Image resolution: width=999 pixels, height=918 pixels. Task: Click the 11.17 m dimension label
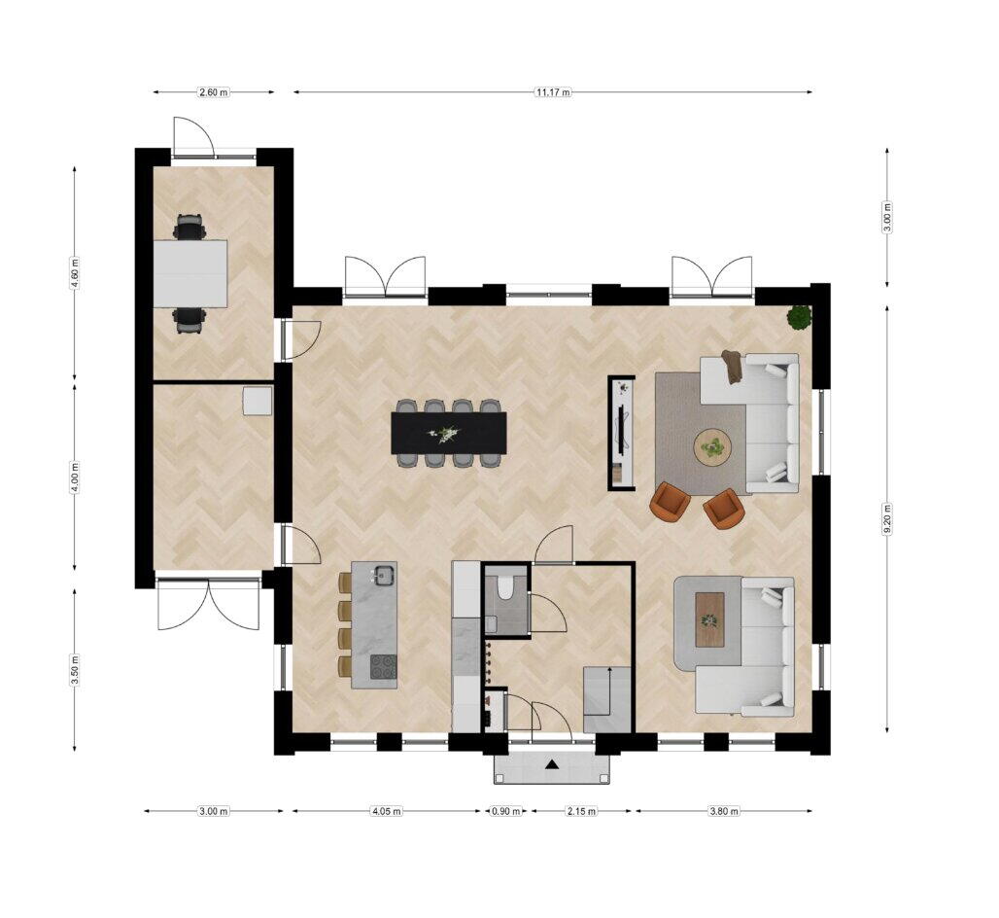(x=553, y=92)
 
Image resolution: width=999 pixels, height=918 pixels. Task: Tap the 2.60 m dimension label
(x=214, y=92)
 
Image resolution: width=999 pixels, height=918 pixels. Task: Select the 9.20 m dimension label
(x=887, y=519)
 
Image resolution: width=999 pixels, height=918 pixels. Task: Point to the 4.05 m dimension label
(x=386, y=811)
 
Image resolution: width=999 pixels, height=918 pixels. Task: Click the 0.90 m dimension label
(x=506, y=811)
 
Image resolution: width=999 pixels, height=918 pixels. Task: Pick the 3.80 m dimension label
(x=724, y=811)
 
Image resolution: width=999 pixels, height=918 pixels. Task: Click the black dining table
(x=449, y=433)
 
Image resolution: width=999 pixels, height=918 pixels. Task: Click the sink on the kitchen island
(x=384, y=575)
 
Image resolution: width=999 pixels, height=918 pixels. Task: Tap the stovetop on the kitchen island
(x=383, y=667)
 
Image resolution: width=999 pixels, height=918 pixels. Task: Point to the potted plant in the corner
(x=799, y=317)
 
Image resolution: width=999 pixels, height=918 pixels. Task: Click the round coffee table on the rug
(x=713, y=447)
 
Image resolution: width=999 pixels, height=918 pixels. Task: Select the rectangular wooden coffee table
(x=709, y=619)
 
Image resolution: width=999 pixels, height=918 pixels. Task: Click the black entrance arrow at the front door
(x=552, y=765)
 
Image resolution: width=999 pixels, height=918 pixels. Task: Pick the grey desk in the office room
(x=190, y=273)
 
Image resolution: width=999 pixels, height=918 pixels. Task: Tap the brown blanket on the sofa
(x=733, y=368)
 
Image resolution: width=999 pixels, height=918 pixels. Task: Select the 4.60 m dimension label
(x=75, y=273)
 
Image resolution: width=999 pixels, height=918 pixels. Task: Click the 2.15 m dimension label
(x=582, y=811)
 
